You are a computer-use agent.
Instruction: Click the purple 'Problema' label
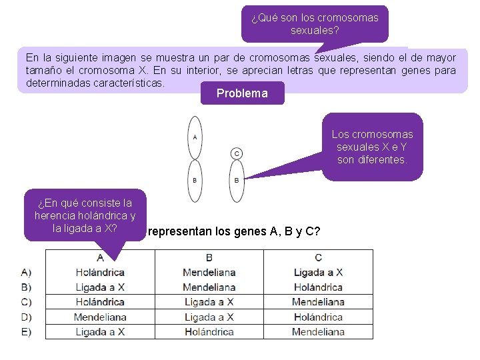click(242, 93)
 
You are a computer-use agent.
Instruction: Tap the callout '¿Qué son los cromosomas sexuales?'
click(315, 24)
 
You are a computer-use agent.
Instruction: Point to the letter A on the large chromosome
click(195, 137)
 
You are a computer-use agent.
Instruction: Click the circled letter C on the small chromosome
click(237, 154)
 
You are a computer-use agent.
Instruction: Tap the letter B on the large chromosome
click(195, 179)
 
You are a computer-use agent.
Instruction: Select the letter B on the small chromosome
click(237, 179)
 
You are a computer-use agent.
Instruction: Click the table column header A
click(100, 257)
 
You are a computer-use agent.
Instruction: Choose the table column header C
click(318, 257)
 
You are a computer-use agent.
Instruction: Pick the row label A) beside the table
click(27, 272)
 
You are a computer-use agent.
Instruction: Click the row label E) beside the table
click(27, 331)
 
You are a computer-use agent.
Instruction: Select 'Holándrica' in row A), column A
click(100, 272)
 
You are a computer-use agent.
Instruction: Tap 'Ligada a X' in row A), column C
click(318, 272)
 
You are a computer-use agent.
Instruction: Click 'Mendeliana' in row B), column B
click(209, 287)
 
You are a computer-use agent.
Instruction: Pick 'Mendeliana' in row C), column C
click(318, 302)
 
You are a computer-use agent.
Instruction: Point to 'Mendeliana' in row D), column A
click(100, 317)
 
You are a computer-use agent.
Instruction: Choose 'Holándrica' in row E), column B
click(209, 331)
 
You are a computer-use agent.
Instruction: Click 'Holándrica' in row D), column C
click(318, 317)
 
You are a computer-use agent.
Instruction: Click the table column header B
click(209, 257)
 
